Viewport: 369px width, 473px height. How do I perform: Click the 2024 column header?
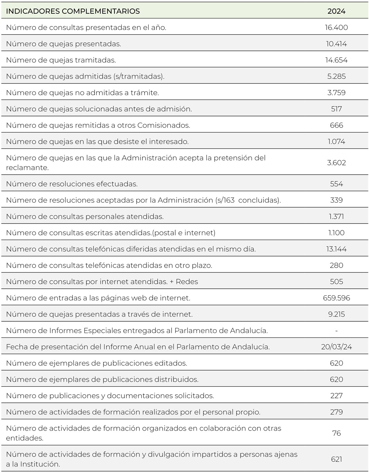click(336, 11)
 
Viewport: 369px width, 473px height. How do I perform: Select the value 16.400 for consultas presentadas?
click(336, 27)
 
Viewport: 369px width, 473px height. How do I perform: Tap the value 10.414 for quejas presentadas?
click(336, 44)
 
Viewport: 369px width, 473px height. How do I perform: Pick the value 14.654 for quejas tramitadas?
click(336, 60)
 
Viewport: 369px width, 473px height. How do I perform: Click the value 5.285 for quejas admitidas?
click(336, 76)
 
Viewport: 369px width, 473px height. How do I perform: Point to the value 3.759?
click(336, 93)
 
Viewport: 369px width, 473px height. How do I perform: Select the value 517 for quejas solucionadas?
click(336, 109)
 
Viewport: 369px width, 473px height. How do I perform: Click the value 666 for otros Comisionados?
click(336, 125)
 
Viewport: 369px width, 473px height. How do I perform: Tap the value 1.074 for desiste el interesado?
click(336, 142)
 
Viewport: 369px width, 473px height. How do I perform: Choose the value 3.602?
click(336, 163)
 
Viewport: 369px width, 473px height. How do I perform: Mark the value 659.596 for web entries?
click(336, 298)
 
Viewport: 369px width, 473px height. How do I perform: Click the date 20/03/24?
click(336, 347)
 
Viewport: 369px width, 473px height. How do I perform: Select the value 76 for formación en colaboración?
click(336, 433)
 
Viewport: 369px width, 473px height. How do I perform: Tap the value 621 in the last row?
click(336, 459)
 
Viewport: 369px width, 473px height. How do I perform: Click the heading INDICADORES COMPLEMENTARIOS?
click(73, 11)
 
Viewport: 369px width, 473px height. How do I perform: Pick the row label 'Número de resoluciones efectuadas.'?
click(72, 184)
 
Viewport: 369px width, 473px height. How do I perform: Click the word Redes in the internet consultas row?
click(187, 282)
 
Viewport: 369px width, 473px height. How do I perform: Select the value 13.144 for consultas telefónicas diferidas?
click(336, 249)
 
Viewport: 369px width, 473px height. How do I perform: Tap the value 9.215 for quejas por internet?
click(336, 315)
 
